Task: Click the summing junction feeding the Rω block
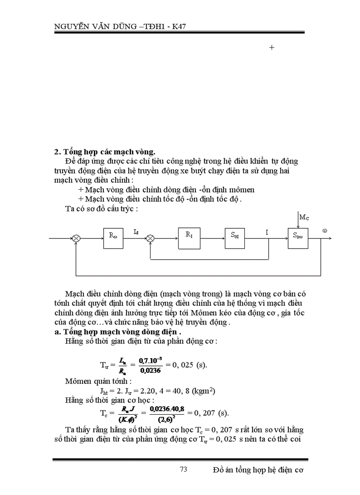77,238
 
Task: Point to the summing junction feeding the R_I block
151,238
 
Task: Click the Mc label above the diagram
304,216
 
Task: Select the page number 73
184,469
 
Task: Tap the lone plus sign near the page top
272,47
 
